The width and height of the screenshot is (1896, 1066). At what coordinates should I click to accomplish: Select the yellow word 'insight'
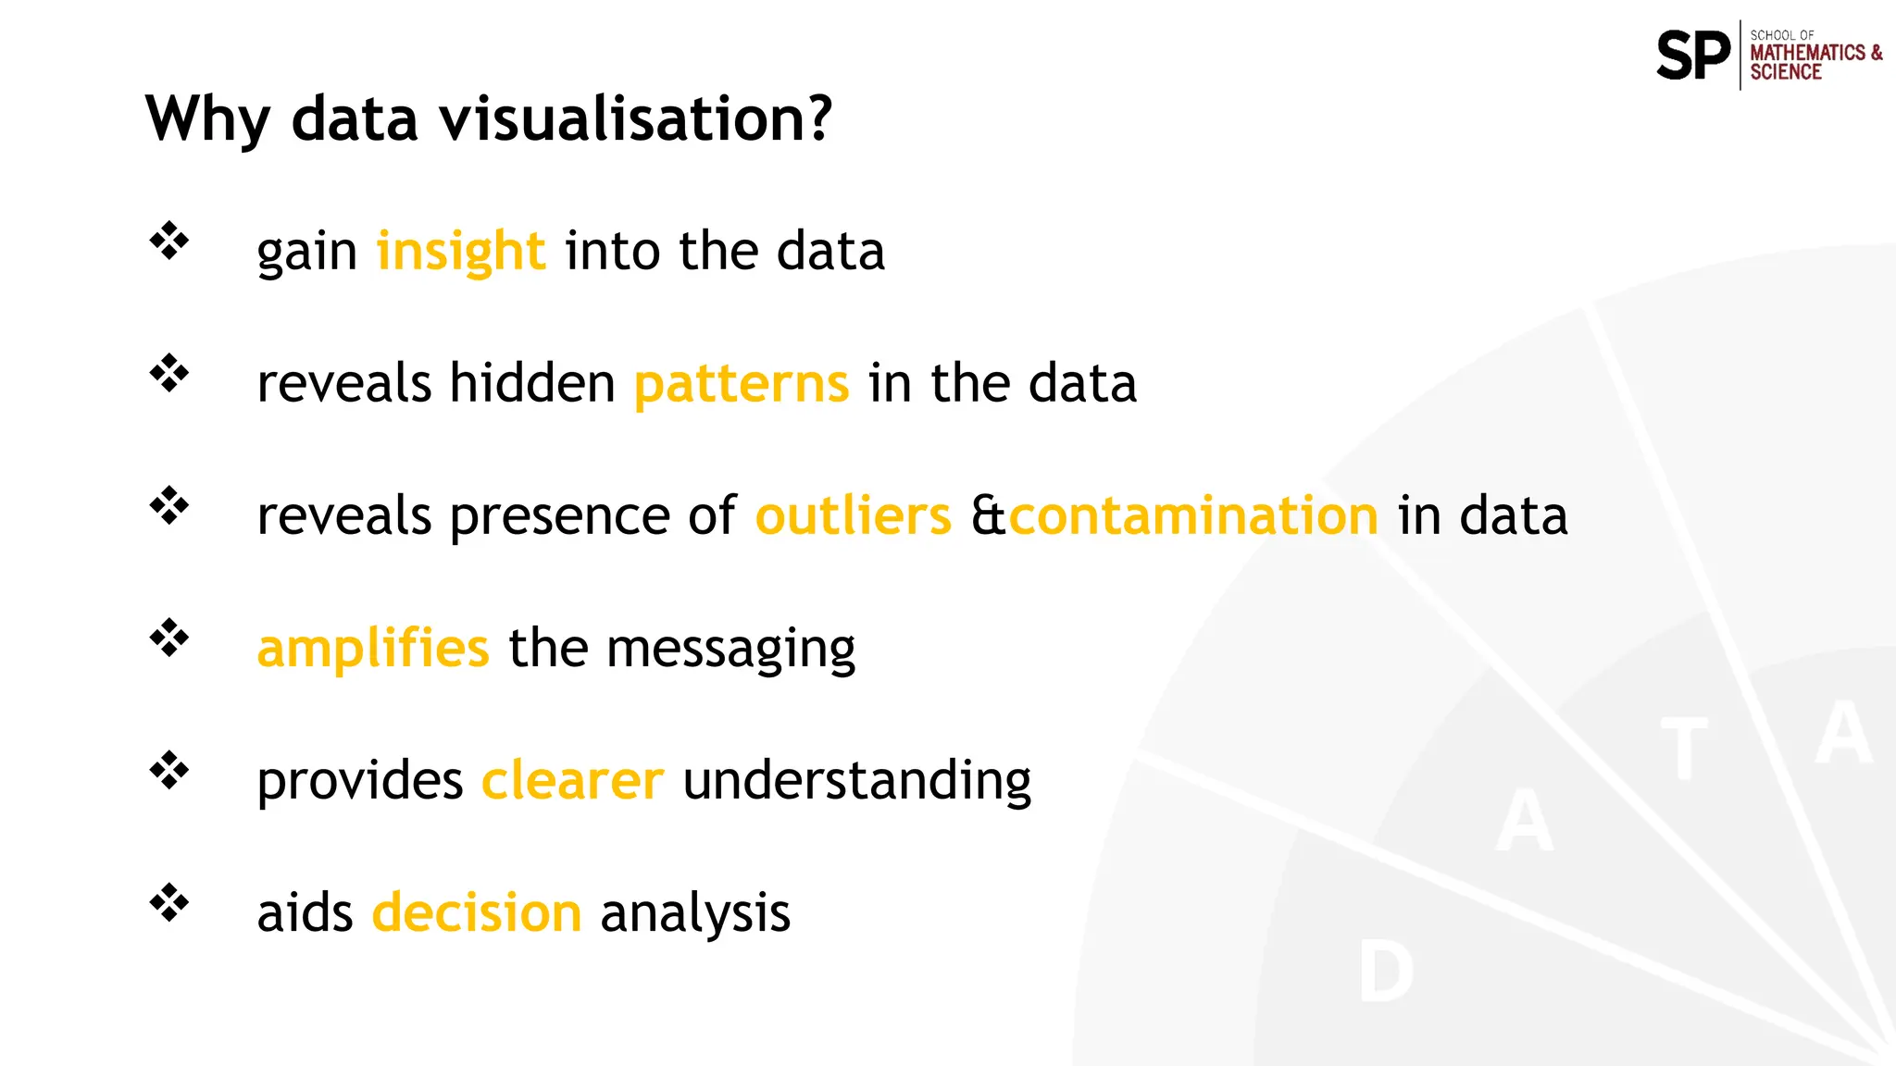pyautogui.click(x=460, y=251)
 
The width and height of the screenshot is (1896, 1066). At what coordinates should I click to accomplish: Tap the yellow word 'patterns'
pyautogui.click(x=741, y=383)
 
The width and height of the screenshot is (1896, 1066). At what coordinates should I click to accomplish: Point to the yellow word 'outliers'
pyautogui.click(x=853, y=515)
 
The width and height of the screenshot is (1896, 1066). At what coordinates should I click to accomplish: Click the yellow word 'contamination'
pyautogui.click(x=1193, y=515)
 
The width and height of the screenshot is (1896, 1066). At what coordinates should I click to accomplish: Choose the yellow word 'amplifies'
pyautogui.click(x=372, y=648)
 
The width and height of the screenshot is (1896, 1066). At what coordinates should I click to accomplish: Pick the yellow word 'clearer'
pyautogui.click(x=572, y=780)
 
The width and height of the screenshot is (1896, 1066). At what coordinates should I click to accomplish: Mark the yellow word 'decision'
pyautogui.click(x=477, y=912)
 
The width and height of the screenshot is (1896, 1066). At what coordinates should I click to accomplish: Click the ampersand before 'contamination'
pyautogui.click(x=988, y=515)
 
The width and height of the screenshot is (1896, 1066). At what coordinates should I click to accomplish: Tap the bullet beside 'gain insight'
pyautogui.click(x=168, y=242)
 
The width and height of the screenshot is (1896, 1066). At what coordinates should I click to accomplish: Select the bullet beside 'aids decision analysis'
pyautogui.click(x=168, y=903)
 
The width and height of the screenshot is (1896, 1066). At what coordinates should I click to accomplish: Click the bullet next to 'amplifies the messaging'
pyautogui.click(x=168, y=638)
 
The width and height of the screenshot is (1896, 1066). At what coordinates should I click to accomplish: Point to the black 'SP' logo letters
pyautogui.click(x=1692, y=56)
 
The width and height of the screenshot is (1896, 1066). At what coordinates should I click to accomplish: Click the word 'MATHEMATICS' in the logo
pyautogui.click(x=1807, y=53)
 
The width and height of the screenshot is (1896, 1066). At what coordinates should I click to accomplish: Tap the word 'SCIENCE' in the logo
pyautogui.click(x=1785, y=72)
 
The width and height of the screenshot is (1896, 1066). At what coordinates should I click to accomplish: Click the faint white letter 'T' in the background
pyautogui.click(x=1684, y=749)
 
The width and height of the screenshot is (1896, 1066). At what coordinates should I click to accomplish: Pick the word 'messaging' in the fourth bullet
pyautogui.click(x=730, y=650)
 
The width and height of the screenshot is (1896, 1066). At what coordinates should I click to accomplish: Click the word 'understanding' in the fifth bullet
pyautogui.click(x=856, y=782)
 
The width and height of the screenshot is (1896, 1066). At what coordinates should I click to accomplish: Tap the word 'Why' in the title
pyautogui.click(x=207, y=120)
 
